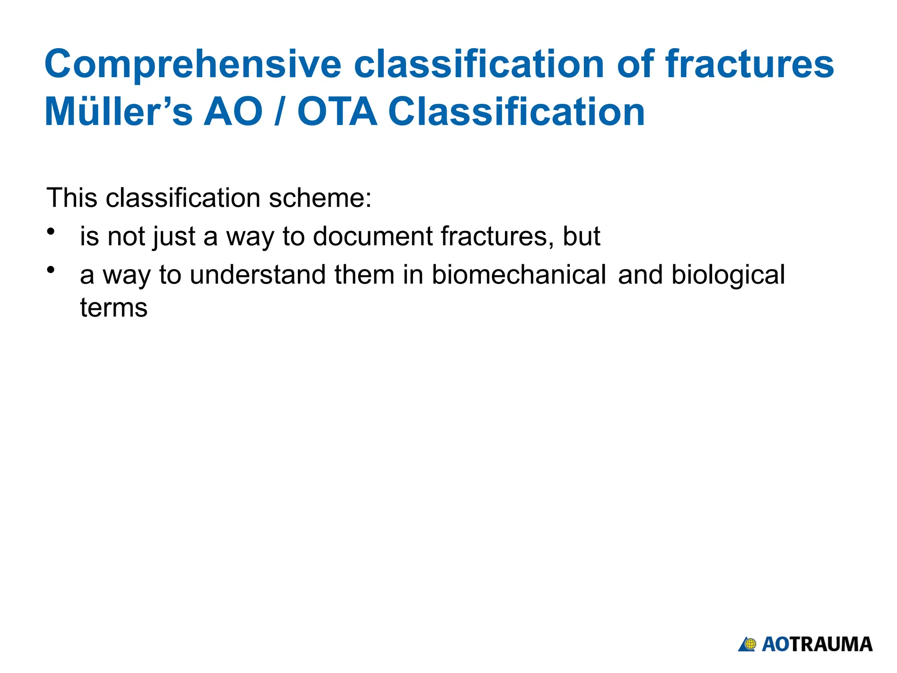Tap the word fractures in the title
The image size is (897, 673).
[749, 64]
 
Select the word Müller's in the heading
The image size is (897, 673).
[118, 112]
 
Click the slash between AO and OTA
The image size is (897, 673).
[278, 112]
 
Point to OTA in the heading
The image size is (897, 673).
[337, 112]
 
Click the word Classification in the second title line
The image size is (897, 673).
[517, 112]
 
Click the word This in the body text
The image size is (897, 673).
[72, 198]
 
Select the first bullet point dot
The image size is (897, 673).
[51, 231]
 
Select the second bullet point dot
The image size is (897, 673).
[51, 270]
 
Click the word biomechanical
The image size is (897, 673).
[519, 275]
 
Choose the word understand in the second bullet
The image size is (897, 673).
[258, 275]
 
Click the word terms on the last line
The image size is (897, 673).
[114, 308]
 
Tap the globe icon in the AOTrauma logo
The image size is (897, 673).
[750, 644]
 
